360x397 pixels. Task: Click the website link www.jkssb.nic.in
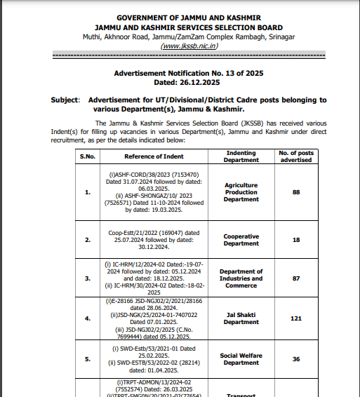188,46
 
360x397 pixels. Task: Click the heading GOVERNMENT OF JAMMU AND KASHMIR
188,16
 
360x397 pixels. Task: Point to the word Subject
65,100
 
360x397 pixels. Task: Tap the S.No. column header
86,156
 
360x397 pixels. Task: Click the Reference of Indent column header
154,156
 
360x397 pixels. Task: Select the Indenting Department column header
241,156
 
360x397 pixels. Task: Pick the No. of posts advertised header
296,156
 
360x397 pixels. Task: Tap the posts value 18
296,240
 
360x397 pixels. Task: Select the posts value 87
296,278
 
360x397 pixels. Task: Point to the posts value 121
296,318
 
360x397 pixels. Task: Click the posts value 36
296,359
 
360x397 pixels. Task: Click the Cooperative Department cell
241,240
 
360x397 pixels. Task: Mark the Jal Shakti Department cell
241,318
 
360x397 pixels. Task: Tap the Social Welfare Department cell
241,359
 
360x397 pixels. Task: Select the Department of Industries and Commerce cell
241,278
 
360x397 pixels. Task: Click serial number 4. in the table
86,318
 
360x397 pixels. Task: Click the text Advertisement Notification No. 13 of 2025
188,73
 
